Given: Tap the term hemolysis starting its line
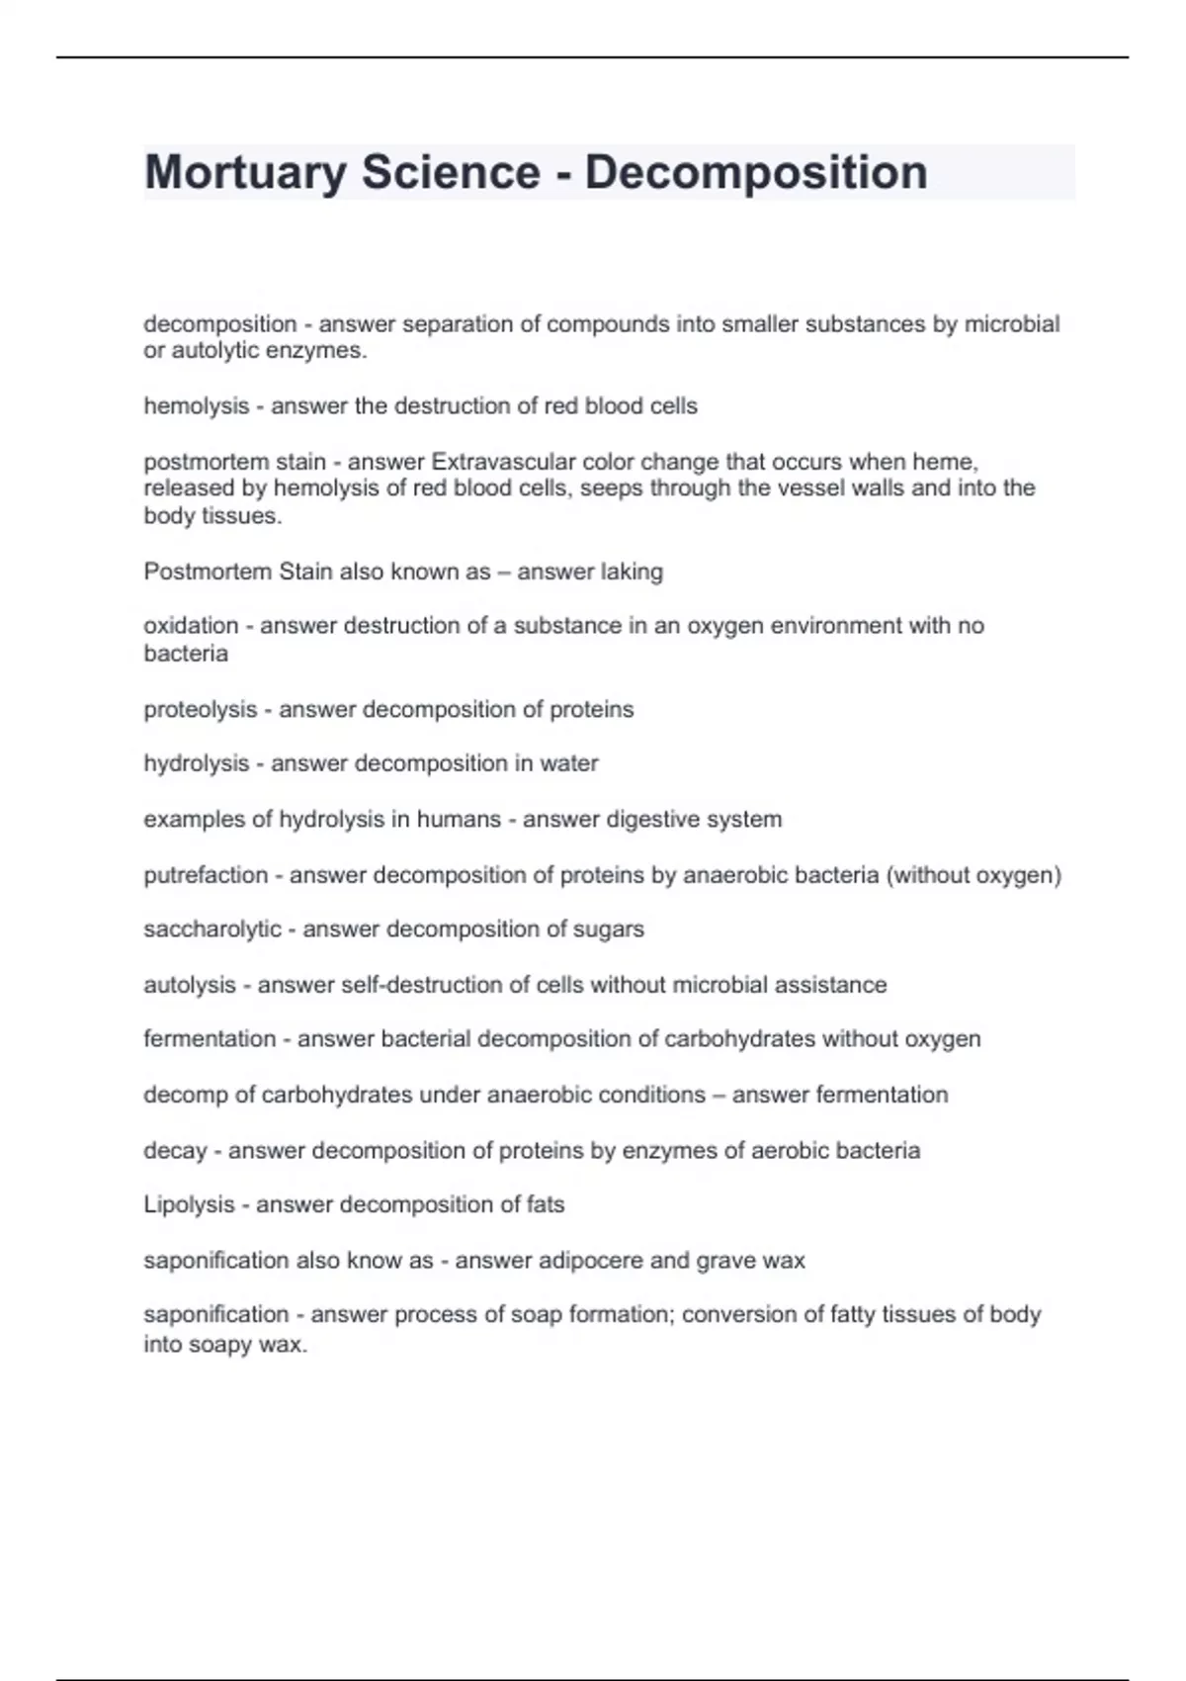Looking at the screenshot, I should click(x=196, y=406).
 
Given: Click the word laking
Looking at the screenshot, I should click(x=631, y=572).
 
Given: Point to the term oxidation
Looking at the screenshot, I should click(x=191, y=626).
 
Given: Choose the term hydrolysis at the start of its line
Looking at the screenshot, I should click(x=196, y=763).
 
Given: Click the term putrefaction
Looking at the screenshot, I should click(x=206, y=875).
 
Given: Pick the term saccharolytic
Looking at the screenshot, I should click(x=212, y=929).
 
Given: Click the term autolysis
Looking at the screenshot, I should click(x=190, y=985).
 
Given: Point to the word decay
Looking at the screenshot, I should click(x=175, y=1151).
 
